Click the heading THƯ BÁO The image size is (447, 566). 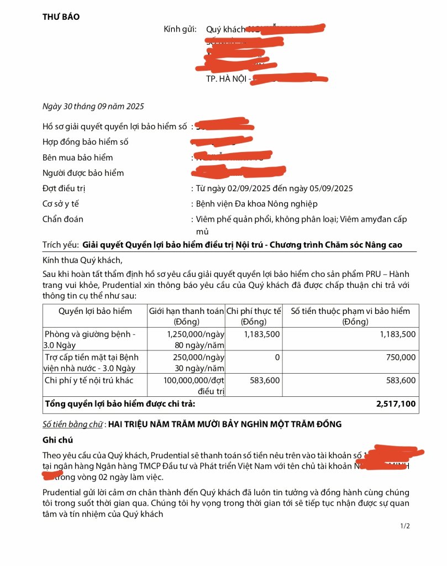pyautogui.click(x=61, y=17)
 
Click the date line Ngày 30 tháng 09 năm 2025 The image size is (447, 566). pyautogui.click(x=93, y=106)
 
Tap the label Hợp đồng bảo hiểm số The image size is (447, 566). pyautogui.click(x=85, y=142)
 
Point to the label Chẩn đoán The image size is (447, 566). pyautogui.click(x=62, y=219)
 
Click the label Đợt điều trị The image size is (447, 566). pyautogui.click(x=64, y=188)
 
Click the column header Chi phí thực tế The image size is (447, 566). pyautogui.click(x=254, y=316)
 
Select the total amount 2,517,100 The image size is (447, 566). pyautogui.click(x=396, y=404)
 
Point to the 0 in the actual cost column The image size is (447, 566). pyautogui.click(x=277, y=358)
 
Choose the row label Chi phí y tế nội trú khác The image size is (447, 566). pyautogui.click(x=89, y=380)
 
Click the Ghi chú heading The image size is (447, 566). pyautogui.click(x=57, y=440)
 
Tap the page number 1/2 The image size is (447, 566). pyautogui.click(x=405, y=526)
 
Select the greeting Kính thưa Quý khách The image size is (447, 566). pyautogui.click(x=82, y=260)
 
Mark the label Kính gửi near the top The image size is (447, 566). pyautogui.click(x=180, y=29)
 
